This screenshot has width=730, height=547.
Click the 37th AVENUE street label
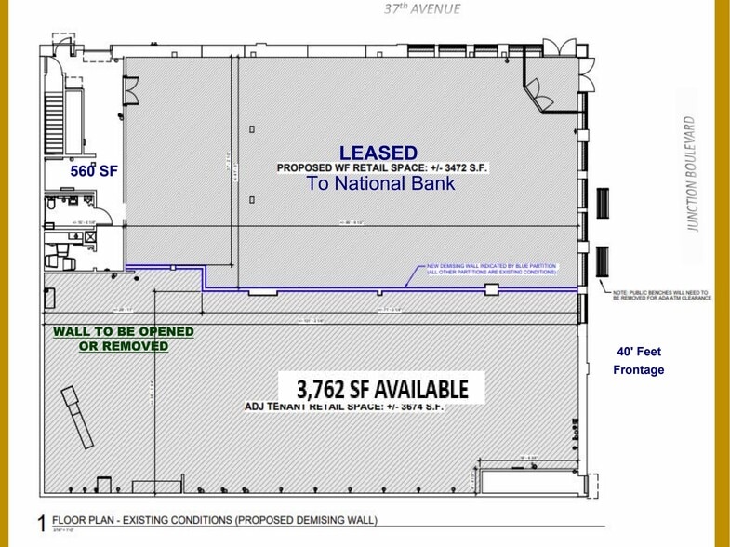(424, 10)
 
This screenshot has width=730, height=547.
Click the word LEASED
(378, 153)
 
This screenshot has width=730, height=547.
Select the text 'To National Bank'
(381, 183)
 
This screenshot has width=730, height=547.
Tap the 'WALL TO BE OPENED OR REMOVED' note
(123, 339)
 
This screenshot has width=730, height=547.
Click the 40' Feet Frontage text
(639, 361)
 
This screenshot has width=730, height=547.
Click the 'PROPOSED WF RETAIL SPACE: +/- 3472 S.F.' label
(381, 168)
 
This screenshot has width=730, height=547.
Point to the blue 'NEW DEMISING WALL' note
(490, 270)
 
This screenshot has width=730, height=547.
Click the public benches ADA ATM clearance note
(661, 296)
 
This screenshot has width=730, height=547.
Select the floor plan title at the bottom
(215, 520)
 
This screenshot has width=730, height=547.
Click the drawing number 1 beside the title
(41, 524)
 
